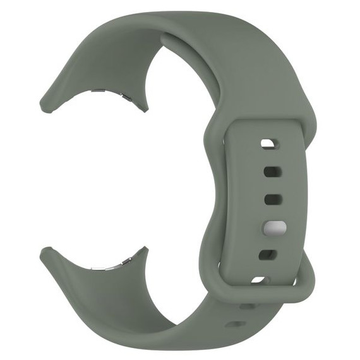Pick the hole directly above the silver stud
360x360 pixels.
point(272,200)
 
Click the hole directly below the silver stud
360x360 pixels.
point(268,255)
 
